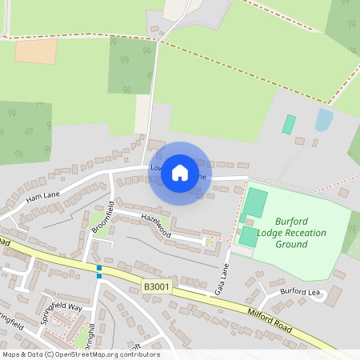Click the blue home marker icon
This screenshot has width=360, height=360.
(180, 172)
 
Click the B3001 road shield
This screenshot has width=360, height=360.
(157, 286)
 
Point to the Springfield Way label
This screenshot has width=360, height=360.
(62, 313)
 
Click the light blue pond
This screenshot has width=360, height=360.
(324, 120)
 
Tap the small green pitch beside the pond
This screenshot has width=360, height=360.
(289, 124)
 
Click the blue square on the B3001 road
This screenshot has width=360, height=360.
(99, 270)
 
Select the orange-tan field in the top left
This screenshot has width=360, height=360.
(36, 51)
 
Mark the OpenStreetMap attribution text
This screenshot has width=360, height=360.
(81, 354)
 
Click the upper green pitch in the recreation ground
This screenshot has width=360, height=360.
(255, 201)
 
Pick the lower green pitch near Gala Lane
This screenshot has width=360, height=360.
(249, 236)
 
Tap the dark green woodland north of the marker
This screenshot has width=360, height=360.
(130, 64)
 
